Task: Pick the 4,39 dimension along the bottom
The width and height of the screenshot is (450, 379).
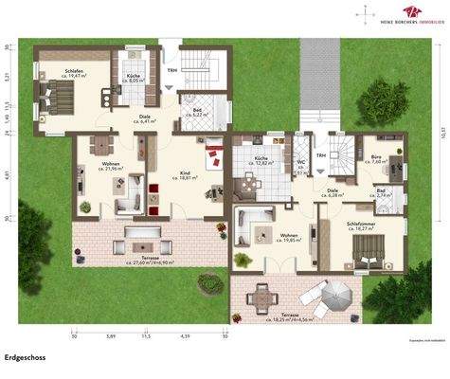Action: (x=186, y=335)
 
